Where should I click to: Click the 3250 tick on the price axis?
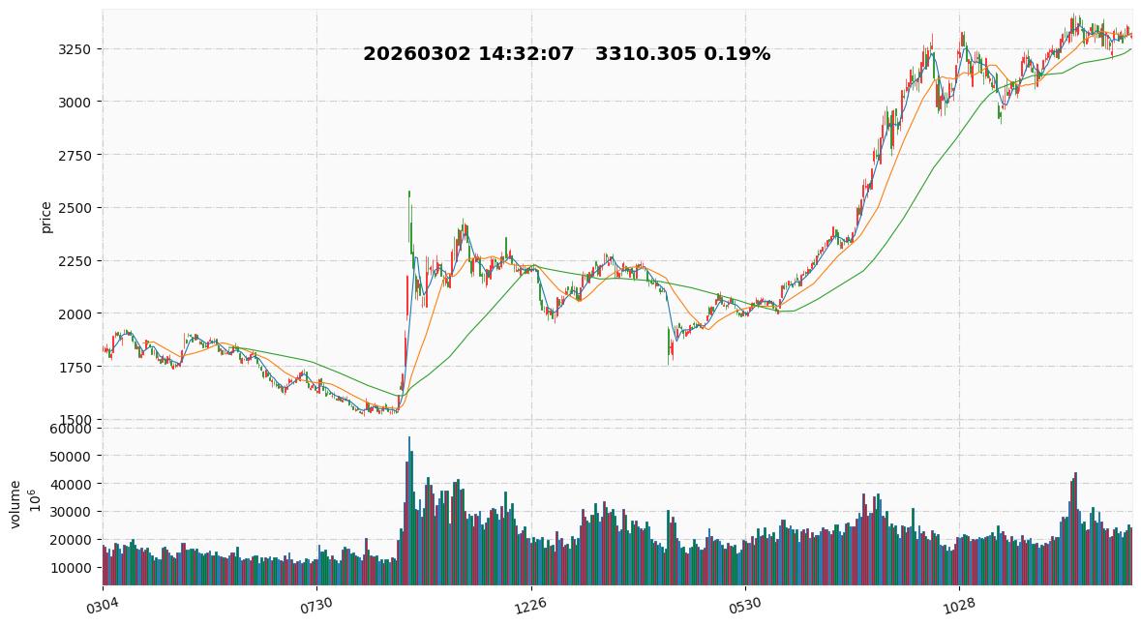click(76, 49)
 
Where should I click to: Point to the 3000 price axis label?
click(76, 102)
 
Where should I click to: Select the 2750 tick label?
click(76, 155)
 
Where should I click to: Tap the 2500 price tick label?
click(76, 208)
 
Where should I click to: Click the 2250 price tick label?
click(76, 261)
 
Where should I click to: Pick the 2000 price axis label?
click(76, 314)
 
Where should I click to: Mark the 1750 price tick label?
click(76, 368)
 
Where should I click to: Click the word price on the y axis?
click(45, 217)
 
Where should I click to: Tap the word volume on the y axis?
click(15, 503)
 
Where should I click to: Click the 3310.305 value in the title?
click(646, 54)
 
